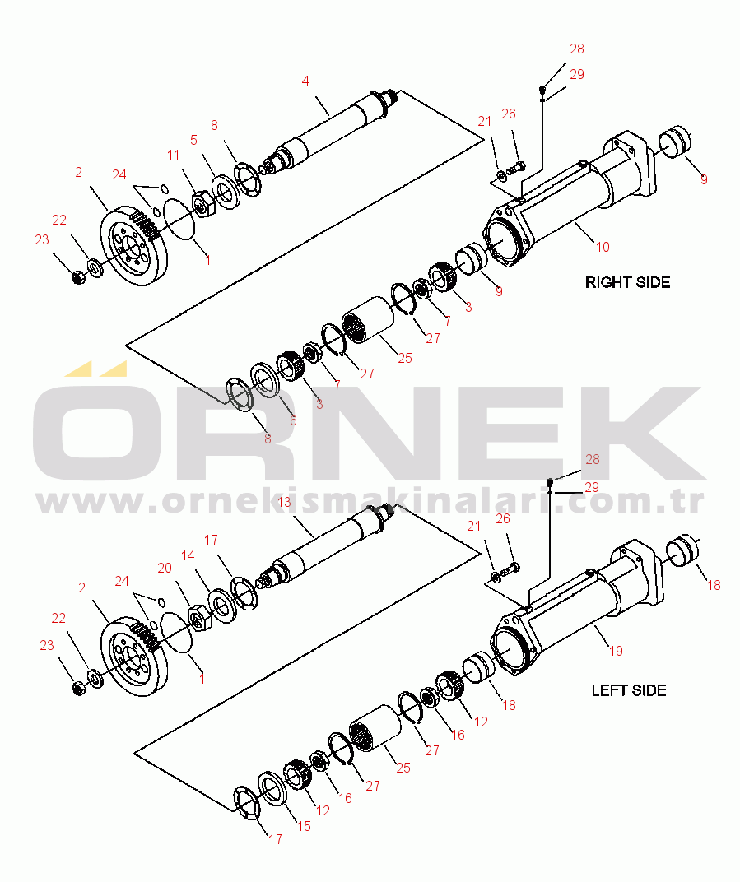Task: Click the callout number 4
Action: click(x=305, y=81)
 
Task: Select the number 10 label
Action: click(x=603, y=246)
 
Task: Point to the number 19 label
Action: click(x=616, y=651)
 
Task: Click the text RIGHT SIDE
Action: click(x=627, y=282)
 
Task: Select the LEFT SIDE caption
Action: click(x=629, y=690)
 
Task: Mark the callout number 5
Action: click(x=194, y=140)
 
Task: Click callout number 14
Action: click(x=188, y=555)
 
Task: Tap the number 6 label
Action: click(x=292, y=420)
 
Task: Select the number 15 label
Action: click(x=304, y=825)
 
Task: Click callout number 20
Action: click(x=165, y=568)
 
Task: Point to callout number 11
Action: click(x=174, y=155)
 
